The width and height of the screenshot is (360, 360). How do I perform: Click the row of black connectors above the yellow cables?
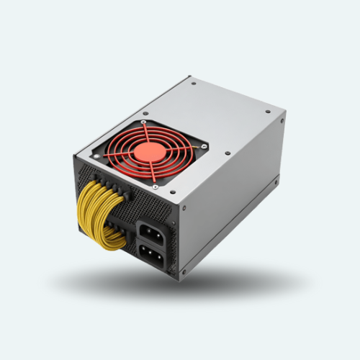(x=115, y=189)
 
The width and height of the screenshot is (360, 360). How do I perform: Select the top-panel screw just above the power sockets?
(x=228, y=153)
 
